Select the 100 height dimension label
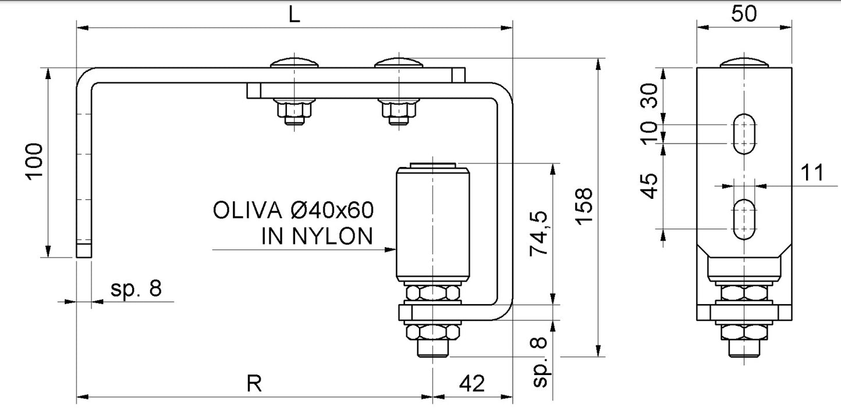click(35, 162)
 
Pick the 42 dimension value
click(472, 383)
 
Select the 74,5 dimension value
click(538, 234)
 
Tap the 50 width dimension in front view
click(744, 13)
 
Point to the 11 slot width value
click(812, 173)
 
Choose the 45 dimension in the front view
click(650, 186)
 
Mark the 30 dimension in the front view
click(650, 95)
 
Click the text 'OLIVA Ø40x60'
click(293, 210)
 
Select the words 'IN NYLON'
click(317, 236)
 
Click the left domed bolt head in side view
click(296, 63)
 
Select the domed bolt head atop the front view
click(744, 63)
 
